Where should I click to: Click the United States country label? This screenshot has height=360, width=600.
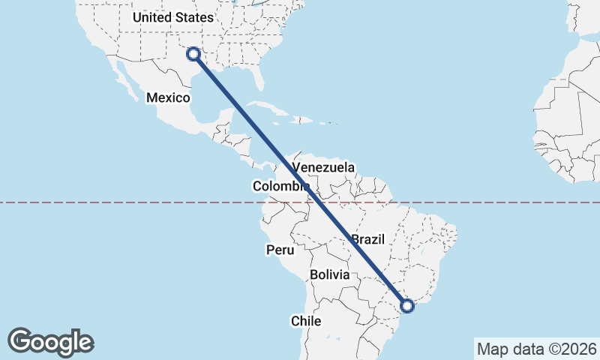[x=172, y=17]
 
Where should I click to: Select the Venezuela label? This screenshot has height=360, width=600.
[x=323, y=167]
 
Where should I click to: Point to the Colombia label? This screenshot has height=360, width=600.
[x=281, y=186]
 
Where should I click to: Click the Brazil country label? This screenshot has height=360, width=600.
[x=367, y=239]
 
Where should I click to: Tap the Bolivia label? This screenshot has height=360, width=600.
[x=330, y=274]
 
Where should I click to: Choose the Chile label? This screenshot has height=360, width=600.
[x=306, y=321]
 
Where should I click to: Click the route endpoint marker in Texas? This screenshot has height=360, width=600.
[x=193, y=53]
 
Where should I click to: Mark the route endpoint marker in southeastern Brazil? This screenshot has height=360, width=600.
[x=407, y=305]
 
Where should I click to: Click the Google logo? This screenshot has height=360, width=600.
[x=50, y=342]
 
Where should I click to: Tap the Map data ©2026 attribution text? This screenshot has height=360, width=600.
[x=536, y=349]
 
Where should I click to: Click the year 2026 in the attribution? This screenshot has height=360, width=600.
[x=580, y=349]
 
